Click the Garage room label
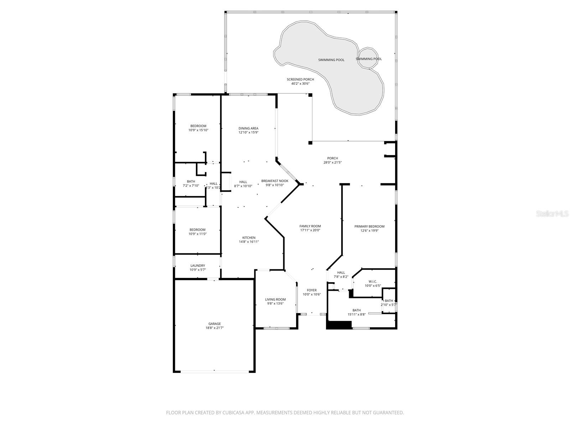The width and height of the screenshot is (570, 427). tap(214, 324)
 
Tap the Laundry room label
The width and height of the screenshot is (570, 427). tap(198, 265)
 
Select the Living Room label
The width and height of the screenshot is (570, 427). tap(275, 299)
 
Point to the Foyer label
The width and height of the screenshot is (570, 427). tap(312, 290)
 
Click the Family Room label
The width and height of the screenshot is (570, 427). tap(310, 226)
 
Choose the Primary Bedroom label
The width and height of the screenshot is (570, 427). tap(369, 226)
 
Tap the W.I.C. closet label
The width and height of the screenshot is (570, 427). tap(373, 281)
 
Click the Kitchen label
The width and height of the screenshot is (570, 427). tap(249, 238)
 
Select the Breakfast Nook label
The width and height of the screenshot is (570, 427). tap(275, 181)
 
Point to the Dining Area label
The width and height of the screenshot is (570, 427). tap(248, 128)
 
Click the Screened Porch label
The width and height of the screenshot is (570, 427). tap(300, 79)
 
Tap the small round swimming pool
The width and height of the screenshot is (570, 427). tap(368, 58)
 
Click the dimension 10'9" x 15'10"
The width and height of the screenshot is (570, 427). tap(198, 130)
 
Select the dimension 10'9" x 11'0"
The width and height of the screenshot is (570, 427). tap(197, 234)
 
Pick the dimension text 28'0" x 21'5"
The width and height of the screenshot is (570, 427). tap(332, 163)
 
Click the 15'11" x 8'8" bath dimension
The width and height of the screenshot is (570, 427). tap(357, 314)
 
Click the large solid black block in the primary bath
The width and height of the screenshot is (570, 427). tap(339, 325)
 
